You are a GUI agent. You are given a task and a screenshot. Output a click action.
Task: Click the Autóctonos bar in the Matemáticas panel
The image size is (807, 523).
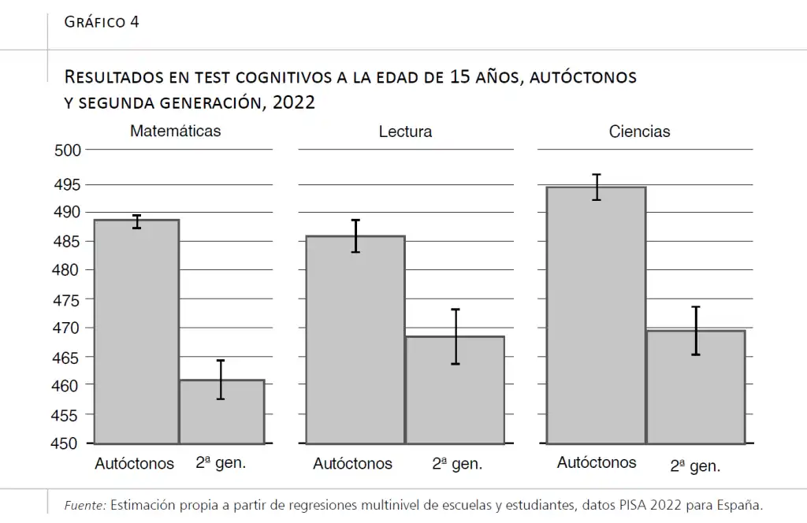coord(136,331)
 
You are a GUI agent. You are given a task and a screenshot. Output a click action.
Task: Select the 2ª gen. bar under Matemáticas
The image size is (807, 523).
coord(221,411)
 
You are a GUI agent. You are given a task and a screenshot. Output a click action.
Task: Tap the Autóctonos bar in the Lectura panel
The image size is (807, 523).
coord(355,339)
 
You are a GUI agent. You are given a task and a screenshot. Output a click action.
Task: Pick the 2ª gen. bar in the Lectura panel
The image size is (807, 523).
coord(455,390)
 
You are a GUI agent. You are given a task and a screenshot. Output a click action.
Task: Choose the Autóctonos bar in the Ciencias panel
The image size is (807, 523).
coord(596,315)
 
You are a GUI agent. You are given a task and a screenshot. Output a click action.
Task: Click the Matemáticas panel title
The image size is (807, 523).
coord(175,131)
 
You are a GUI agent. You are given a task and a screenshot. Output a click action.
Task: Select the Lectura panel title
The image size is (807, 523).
coord(405,132)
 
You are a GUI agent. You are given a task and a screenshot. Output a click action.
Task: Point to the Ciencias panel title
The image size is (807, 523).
coord(639,132)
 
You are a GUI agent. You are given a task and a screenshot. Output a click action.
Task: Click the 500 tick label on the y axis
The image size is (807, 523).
coord(67,151)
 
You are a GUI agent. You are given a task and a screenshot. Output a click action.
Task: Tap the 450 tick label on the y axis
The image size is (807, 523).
coord(67,443)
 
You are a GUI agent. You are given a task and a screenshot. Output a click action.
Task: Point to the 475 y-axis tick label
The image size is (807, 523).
coord(67,299)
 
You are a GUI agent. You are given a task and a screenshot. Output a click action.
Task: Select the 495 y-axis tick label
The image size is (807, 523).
coord(67,185)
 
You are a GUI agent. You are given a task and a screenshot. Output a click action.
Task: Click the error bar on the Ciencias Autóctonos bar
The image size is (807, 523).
coord(597,187)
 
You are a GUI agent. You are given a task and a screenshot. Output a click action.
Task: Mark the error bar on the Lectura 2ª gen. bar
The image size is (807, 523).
coord(456,336)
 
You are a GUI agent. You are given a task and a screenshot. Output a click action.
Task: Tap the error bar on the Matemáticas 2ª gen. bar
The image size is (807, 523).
coord(221,380)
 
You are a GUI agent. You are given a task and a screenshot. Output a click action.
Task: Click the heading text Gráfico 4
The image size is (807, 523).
coord(102,21)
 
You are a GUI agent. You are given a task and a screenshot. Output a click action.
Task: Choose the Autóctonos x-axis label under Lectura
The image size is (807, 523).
coord(352,464)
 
